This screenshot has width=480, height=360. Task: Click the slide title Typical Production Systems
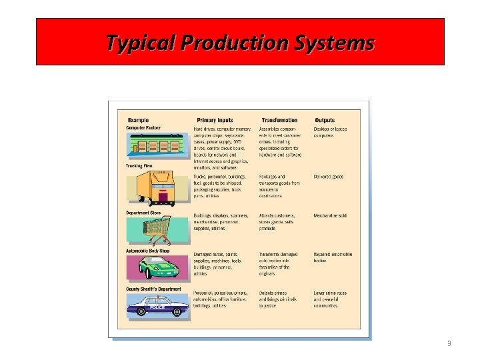240,43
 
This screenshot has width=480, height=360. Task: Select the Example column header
138,120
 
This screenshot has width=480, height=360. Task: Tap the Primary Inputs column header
215,120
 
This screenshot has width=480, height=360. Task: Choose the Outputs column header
325,120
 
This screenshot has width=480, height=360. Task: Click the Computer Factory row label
143,127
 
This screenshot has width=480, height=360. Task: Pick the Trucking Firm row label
139,165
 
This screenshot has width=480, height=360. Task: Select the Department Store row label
143,213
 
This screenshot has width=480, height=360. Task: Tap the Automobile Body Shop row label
148,251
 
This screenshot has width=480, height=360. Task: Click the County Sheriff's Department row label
153,289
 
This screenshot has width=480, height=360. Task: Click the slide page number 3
449,343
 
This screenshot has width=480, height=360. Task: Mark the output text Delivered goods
329,177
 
